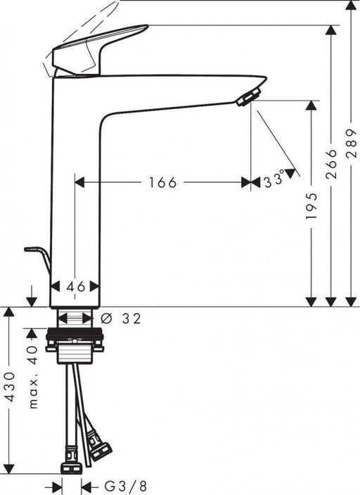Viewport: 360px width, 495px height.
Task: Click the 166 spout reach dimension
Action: [163, 183]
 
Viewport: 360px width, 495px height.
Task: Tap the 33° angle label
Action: [274, 181]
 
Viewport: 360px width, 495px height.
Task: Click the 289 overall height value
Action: [352, 145]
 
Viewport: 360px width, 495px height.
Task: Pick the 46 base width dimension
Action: [75, 286]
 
